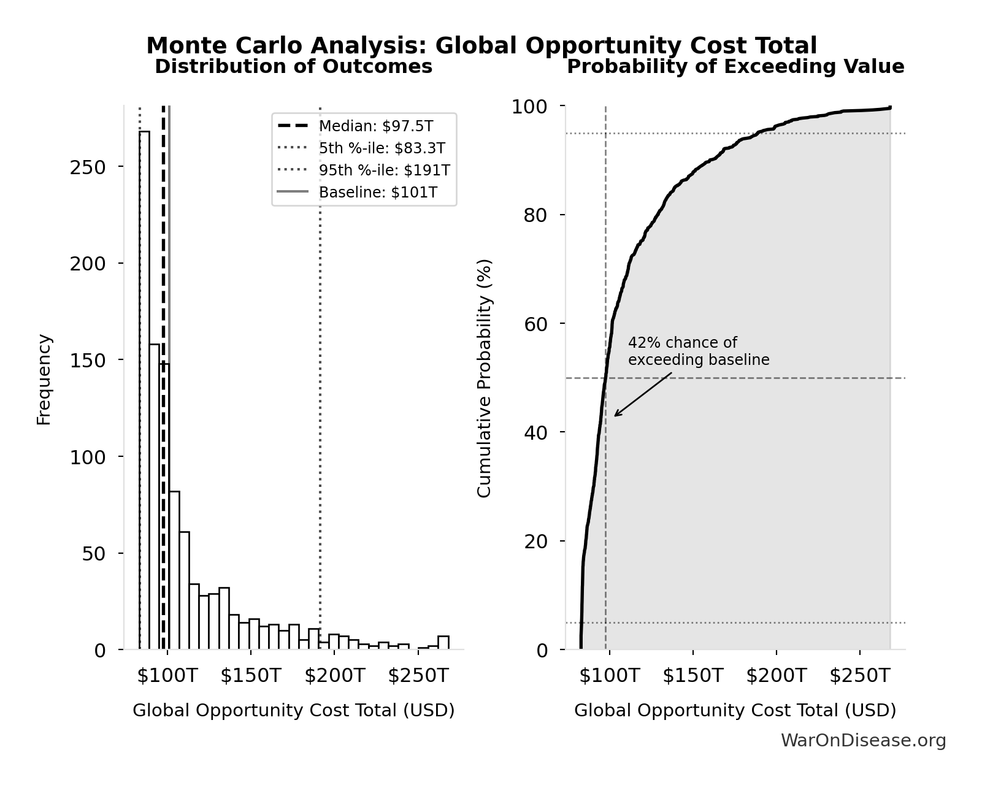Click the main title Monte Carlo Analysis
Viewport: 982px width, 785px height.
(x=481, y=46)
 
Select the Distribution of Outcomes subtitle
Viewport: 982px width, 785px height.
(x=293, y=67)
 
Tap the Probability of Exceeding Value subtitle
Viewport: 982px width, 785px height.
(x=735, y=67)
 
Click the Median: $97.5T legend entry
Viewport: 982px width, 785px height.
(x=375, y=126)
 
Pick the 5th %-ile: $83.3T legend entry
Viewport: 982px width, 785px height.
(x=382, y=148)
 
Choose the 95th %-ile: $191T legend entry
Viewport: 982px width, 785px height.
(x=384, y=170)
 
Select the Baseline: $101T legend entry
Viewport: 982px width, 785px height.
(x=378, y=193)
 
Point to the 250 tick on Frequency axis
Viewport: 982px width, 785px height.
(x=88, y=167)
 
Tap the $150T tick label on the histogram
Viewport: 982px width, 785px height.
(x=250, y=676)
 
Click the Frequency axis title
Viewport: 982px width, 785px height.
(x=44, y=379)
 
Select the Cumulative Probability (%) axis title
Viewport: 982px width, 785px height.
(x=485, y=378)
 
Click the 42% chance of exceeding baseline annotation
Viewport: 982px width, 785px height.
(x=698, y=351)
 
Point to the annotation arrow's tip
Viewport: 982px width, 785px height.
(x=615, y=416)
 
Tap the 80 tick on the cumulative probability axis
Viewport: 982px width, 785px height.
(x=535, y=215)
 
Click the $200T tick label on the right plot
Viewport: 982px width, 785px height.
(x=776, y=676)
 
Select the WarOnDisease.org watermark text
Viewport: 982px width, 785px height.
(x=863, y=741)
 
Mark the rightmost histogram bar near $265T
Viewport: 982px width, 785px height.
(x=443, y=643)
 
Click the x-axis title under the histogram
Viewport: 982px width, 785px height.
(x=293, y=711)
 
